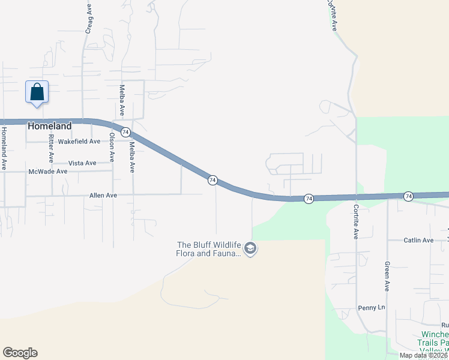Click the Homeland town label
[50, 127]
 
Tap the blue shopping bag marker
[37, 92]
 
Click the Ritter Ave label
[52, 148]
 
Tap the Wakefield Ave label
[83, 142]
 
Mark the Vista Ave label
[82, 163]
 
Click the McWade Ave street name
[48, 172]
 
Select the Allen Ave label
[103, 196]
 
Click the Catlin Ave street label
[418, 241]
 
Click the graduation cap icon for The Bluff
[251, 248]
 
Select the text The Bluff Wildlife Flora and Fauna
[208, 249]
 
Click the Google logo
[20, 353]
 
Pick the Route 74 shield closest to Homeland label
[125, 132]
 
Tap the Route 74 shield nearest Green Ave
[408, 196]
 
